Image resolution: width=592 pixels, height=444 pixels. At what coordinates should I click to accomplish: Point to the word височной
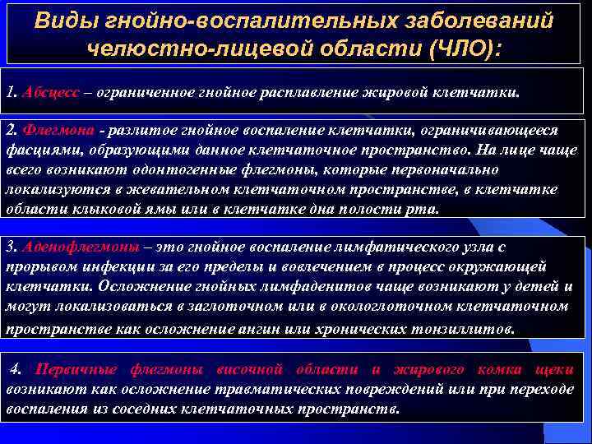pyautogui.click(x=271, y=368)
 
